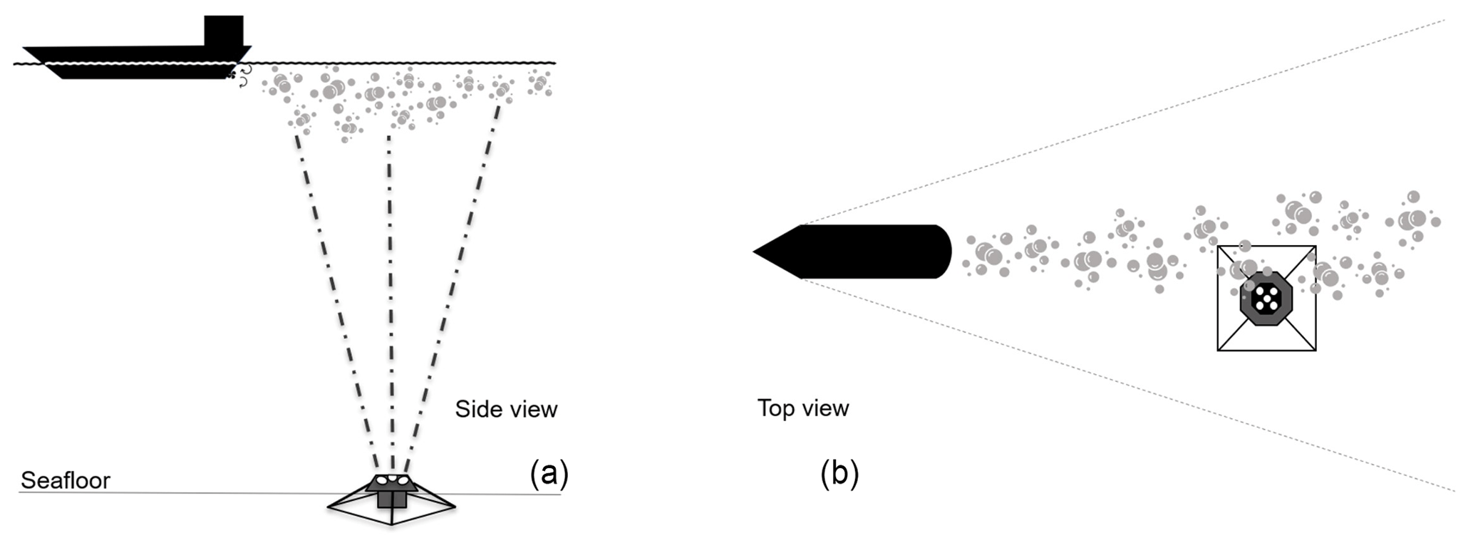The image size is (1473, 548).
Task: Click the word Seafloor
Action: pos(66,480)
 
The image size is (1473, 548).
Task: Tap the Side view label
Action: pos(506,409)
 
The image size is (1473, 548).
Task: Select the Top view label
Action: pos(803,408)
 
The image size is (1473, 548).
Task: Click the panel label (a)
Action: pos(549,473)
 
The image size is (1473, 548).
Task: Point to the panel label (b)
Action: pos(839,474)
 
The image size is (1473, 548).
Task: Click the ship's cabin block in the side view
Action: pos(224,31)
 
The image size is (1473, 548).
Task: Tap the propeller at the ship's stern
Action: pos(233,73)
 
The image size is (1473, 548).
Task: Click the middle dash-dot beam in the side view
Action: pos(390,299)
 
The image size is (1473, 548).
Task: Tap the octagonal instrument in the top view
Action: pos(1266,298)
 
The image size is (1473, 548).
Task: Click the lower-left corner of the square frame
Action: pos(1219,349)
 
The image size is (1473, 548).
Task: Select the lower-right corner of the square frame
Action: pos(1315,349)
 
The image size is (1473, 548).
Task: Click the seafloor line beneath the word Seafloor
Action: pos(143,492)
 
